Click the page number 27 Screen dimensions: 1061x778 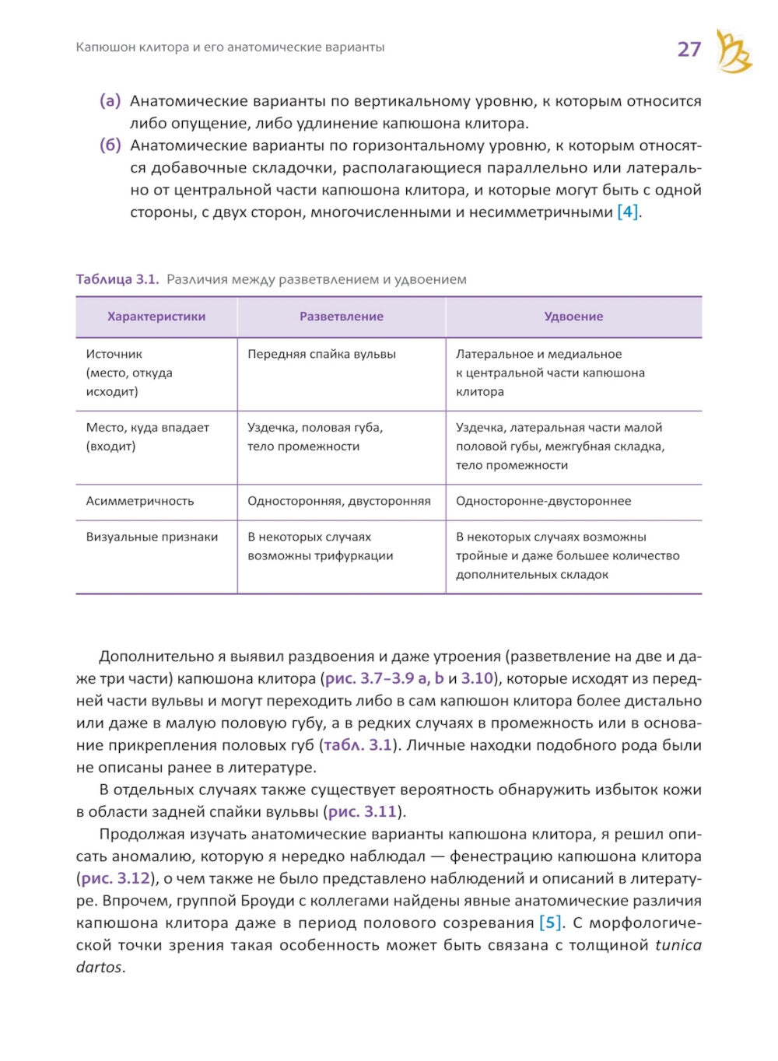tap(689, 49)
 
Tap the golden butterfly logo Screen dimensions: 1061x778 tap(733, 52)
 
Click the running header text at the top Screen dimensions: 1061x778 tap(230, 47)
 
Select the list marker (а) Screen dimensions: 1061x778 tap(110, 101)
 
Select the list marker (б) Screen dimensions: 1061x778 tap(110, 145)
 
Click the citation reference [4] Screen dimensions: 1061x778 tap(627, 212)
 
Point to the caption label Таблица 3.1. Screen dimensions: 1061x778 tap(117, 279)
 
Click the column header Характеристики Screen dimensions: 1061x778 tap(156, 317)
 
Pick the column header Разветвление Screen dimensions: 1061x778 tap(341, 317)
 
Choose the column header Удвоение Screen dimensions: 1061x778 tap(573, 317)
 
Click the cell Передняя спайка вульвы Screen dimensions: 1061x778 tap(321, 354)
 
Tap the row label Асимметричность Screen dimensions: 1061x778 tap(140, 501)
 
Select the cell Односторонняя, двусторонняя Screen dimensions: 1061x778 tap(338, 501)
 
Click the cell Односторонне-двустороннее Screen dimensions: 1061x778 tap(543, 501)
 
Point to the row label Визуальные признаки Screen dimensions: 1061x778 tap(152, 537)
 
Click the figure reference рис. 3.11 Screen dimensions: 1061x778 tap(363, 812)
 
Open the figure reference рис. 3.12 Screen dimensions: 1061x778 tap(116, 879)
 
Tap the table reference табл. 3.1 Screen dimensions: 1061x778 tap(357, 745)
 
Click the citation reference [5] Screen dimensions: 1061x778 tap(550, 923)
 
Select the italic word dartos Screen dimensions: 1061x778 tap(100, 968)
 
